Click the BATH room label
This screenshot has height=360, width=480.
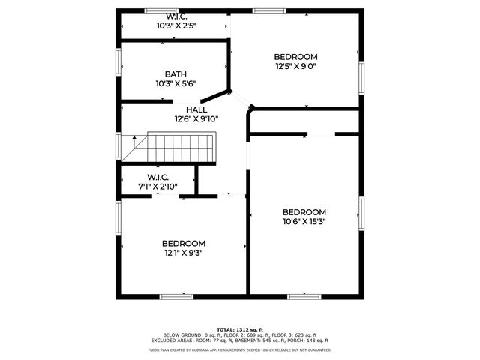(x=175, y=74)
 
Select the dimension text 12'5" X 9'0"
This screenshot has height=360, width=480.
(x=295, y=66)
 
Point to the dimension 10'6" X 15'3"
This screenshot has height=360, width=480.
(x=304, y=221)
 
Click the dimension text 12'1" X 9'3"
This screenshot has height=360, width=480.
(x=184, y=253)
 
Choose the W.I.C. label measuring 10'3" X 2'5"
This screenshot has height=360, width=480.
(x=176, y=16)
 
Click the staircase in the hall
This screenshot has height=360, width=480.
(x=180, y=148)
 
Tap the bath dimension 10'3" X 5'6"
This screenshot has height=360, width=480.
(x=175, y=83)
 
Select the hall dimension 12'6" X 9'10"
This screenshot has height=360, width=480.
(x=196, y=118)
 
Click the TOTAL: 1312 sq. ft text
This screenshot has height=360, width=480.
(x=240, y=329)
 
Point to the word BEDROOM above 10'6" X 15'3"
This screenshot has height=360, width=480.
(x=304, y=212)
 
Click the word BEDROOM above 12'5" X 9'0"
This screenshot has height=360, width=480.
(x=295, y=57)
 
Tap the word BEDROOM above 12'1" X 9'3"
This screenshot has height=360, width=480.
(x=184, y=244)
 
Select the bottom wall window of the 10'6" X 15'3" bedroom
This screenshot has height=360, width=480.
(x=305, y=296)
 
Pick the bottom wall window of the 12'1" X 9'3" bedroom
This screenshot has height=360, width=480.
(x=177, y=296)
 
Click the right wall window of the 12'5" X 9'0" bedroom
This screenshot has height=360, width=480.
(x=361, y=75)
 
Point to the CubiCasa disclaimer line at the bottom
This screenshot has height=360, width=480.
(x=240, y=349)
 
